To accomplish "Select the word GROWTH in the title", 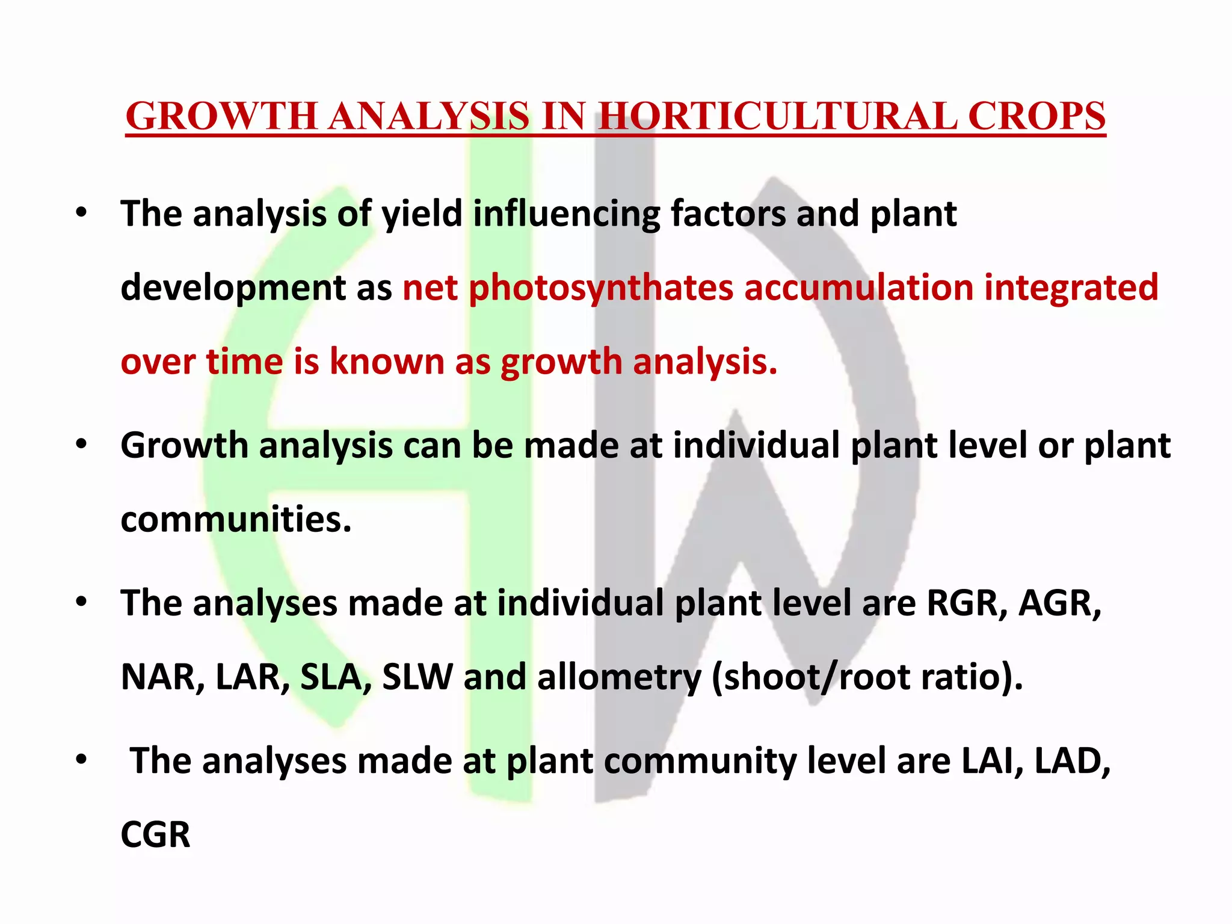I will click(221, 116).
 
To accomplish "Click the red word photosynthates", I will click(600, 288).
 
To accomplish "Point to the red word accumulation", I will click(858, 287).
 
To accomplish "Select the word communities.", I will click(235, 519).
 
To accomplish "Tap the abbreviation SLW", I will click(417, 677).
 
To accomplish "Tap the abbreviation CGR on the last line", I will click(155, 836).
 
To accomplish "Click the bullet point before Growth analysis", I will click(82, 445).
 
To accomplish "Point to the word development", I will click(233, 288).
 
